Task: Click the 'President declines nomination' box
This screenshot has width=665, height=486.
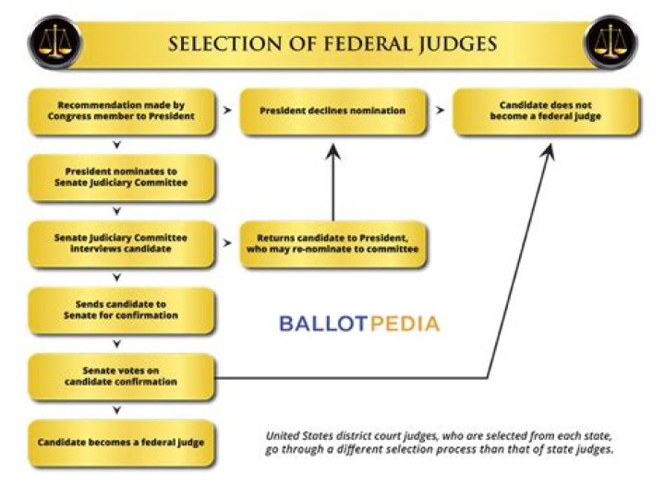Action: tap(333, 111)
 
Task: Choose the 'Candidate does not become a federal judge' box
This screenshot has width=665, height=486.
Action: tap(545, 111)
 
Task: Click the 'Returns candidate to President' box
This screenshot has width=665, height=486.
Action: tap(333, 243)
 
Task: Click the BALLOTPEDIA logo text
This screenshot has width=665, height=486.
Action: tap(359, 324)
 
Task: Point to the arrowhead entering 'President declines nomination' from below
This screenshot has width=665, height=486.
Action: tap(333, 149)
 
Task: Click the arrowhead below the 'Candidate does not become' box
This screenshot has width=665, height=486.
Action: tap(547, 150)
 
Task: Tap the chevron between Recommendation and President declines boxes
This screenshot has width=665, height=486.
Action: tap(227, 110)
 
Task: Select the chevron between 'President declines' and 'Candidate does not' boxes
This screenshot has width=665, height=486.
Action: tap(440, 110)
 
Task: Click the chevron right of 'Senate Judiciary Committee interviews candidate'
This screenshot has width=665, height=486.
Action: tap(227, 243)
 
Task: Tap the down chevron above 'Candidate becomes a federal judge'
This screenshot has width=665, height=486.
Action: tap(116, 409)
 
